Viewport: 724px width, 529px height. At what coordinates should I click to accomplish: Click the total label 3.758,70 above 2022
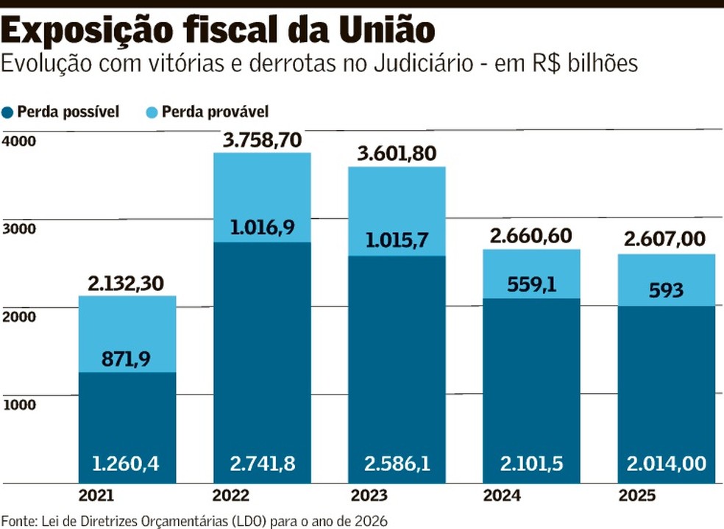[261, 140]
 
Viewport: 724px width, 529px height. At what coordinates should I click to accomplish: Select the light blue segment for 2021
[127, 323]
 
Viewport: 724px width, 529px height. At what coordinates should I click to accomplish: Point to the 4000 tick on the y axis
[19, 141]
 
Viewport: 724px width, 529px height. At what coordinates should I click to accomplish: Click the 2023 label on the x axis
[396, 495]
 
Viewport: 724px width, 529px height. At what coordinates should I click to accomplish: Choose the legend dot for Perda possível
[9, 112]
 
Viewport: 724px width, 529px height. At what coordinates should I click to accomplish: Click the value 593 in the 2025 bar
[666, 289]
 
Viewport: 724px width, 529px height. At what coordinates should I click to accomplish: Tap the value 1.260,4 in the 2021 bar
[127, 464]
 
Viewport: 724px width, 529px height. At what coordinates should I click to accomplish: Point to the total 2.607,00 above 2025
[666, 239]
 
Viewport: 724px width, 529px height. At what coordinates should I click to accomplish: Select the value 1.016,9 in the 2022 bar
[261, 227]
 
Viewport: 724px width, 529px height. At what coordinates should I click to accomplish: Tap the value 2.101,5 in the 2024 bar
[530, 464]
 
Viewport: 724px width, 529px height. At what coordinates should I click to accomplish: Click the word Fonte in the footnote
[18, 520]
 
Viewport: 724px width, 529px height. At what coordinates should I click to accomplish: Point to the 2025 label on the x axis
[665, 495]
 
